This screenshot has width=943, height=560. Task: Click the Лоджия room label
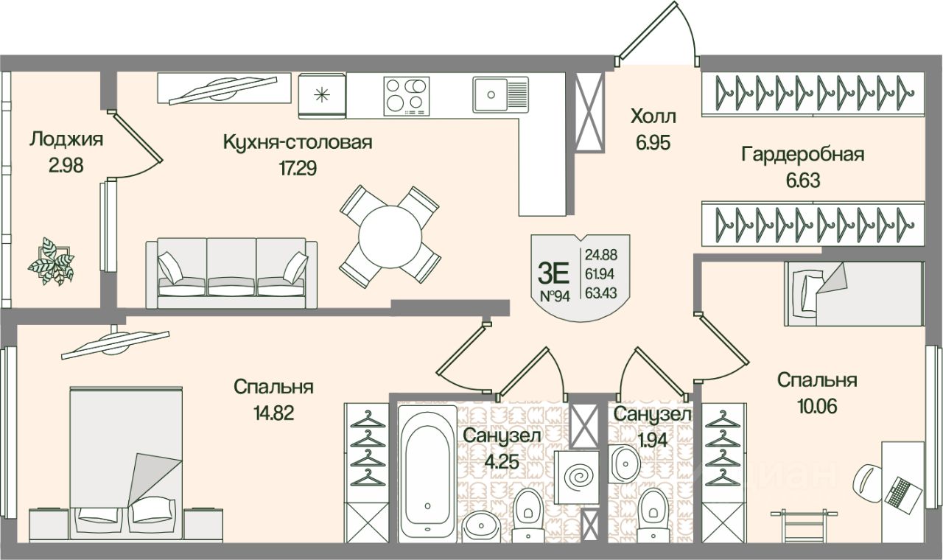tap(66, 139)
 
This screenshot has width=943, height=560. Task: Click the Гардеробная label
tap(802, 155)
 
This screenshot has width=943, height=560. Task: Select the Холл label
tap(653, 116)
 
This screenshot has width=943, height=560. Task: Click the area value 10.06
tap(816, 407)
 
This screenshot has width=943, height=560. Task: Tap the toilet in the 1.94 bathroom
tap(653, 512)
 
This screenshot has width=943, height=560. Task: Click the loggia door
tap(137, 144)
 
